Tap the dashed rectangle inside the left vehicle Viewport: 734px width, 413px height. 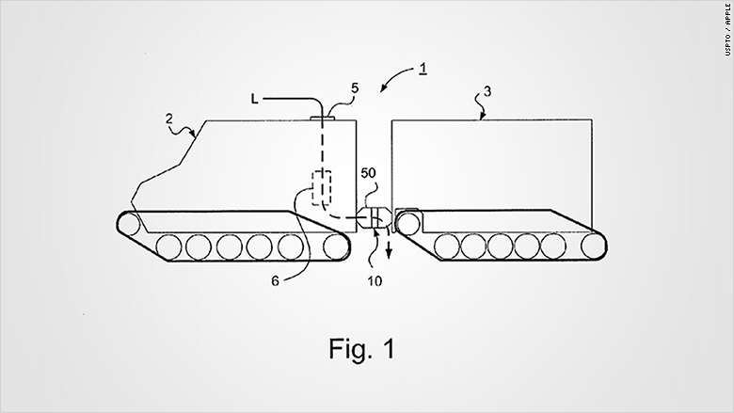coord(323,188)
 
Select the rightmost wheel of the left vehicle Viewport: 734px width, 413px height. coord(334,246)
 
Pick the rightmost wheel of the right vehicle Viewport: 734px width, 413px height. coord(593,246)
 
